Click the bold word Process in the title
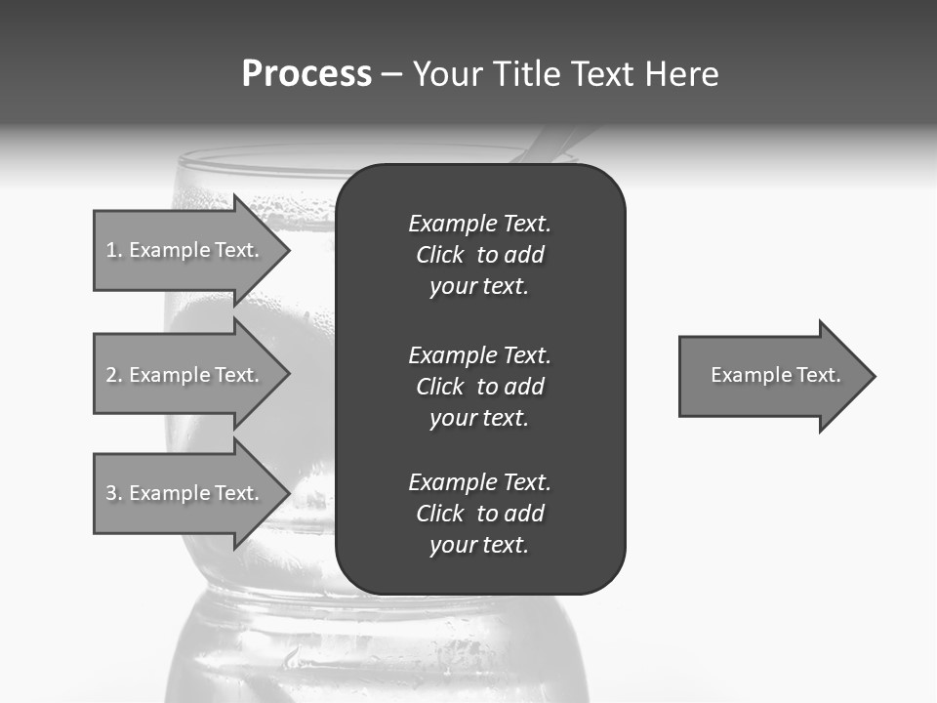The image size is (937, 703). (x=306, y=74)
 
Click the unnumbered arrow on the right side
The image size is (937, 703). (x=771, y=376)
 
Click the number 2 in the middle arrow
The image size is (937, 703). (x=111, y=375)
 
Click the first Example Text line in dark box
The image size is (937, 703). (x=479, y=224)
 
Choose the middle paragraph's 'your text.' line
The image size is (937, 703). (x=479, y=418)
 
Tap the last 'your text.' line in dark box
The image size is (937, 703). (x=479, y=545)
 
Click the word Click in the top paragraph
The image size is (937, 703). (x=440, y=255)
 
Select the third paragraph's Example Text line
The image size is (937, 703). (x=479, y=482)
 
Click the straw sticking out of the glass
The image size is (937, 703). (x=561, y=145)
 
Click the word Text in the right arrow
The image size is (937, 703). (x=818, y=375)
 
